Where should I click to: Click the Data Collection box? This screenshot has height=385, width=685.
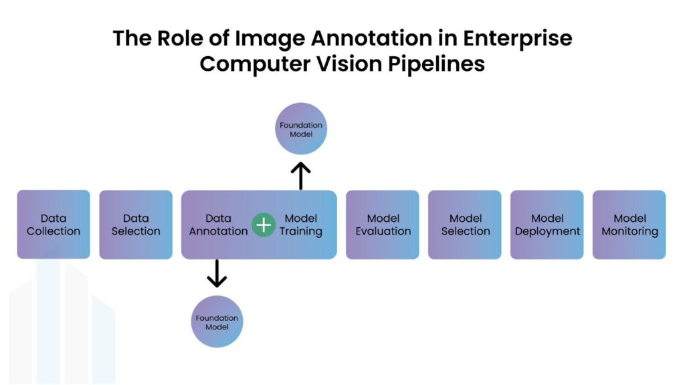pyautogui.click(x=54, y=225)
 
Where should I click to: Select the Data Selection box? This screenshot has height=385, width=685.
pyautogui.click(x=136, y=225)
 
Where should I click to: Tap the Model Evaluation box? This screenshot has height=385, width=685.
pyautogui.click(x=383, y=225)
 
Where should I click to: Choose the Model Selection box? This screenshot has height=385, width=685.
pyautogui.click(x=465, y=225)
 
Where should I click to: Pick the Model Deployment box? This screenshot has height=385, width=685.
pyautogui.click(x=547, y=225)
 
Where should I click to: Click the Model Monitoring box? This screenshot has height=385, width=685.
pyautogui.click(x=629, y=225)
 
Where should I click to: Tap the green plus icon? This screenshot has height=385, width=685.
pyautogui.click(x=264, y=225)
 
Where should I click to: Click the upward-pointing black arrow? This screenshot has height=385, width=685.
pyautogui.click(x=301, y=175)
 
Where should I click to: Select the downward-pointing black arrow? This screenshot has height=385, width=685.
pyautogui.click(x=217, y=273)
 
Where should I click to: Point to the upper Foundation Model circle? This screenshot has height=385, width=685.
pyautogui.click(x=301, y=129)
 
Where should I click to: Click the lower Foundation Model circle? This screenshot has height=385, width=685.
pyautogui.click(x=217, y=322)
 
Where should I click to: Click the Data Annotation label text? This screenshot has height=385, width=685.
pyautogui.click(x=218, y=225)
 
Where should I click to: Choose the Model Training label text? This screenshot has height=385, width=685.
pyautogui.click(x=300, y=225)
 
